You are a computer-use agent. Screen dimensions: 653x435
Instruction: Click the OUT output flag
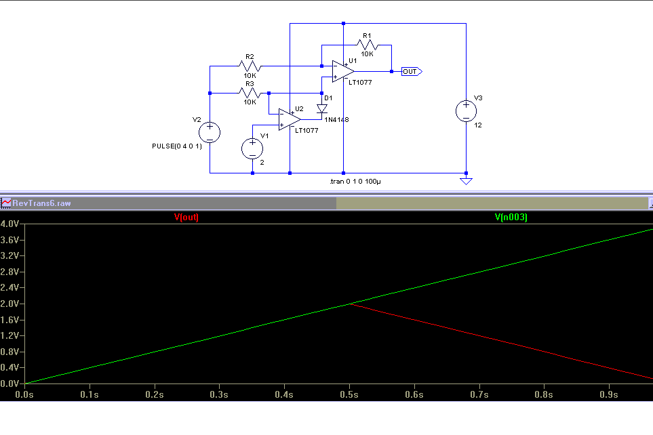tap(412, 72)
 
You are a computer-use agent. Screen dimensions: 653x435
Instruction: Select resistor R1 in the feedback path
tap(367, 45)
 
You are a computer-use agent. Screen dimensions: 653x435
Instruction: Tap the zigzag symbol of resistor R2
tap(250, 66)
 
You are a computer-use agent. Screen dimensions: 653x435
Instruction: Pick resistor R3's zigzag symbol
tap(250, 94)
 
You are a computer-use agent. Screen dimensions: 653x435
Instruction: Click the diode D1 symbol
tap(321, 108)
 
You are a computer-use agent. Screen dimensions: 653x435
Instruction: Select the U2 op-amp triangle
tap(290, 119)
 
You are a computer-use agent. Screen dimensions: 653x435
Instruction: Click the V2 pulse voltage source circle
tap(210, 133)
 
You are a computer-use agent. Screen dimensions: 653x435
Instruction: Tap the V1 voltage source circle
tap(252, 148)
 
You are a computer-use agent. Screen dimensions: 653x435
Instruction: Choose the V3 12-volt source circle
tap(466, 111)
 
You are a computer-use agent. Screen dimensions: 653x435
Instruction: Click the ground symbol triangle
tap(466, 181)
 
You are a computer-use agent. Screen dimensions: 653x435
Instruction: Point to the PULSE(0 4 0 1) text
tap(177, 146)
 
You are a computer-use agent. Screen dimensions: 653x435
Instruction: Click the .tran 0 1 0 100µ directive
tap(355, 182)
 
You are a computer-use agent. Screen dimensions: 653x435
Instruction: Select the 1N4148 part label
tap(336, 120)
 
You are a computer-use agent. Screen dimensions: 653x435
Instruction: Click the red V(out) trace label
tap(186, 217)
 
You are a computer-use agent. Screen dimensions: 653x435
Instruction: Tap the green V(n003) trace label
tap(511, 217)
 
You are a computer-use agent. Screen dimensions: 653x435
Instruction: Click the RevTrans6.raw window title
tap(41, 203)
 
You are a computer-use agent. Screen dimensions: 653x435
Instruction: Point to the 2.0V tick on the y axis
tap(9, 304)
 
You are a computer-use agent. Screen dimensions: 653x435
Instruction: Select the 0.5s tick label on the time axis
tap(349, 394)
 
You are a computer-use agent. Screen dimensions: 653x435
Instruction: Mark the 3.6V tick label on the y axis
tap(9, 240)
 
